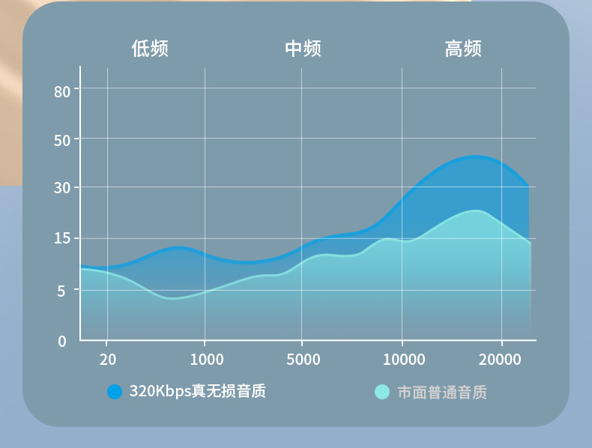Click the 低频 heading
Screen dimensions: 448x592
150,49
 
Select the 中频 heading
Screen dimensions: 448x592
303,49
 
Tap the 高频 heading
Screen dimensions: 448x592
462,49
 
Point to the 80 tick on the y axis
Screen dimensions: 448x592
62,91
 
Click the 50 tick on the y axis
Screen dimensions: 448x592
62,140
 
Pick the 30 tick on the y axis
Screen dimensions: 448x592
62,188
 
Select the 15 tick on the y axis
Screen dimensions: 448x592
62,239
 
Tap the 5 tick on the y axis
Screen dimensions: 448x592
63,291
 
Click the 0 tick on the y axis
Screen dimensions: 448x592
63,342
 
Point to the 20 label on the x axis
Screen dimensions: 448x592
108,360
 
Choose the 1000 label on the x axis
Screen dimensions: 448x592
206,360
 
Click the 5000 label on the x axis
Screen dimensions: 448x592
303,360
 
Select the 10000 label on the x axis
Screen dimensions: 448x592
404,360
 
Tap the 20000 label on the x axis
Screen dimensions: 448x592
500,360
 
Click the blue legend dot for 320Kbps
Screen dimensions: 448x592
115,392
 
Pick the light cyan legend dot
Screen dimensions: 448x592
382,392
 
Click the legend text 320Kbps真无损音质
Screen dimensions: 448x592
197,391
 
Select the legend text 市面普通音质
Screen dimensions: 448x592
442,392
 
